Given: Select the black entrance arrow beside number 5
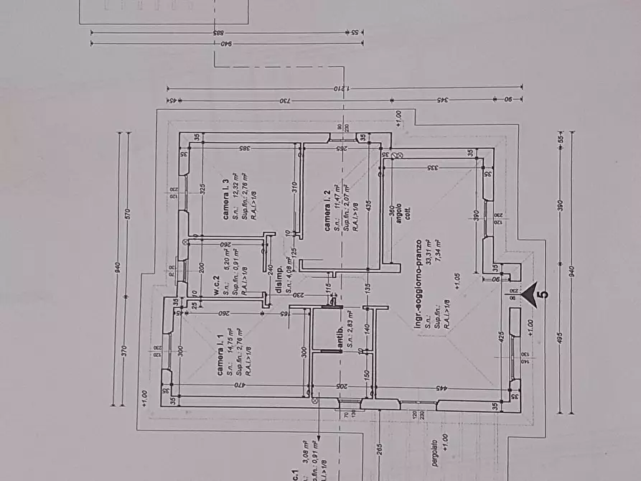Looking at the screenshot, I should click(530, 292).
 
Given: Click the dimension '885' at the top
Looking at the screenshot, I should click(215, 33).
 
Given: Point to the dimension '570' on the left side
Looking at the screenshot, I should click(126, 214).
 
